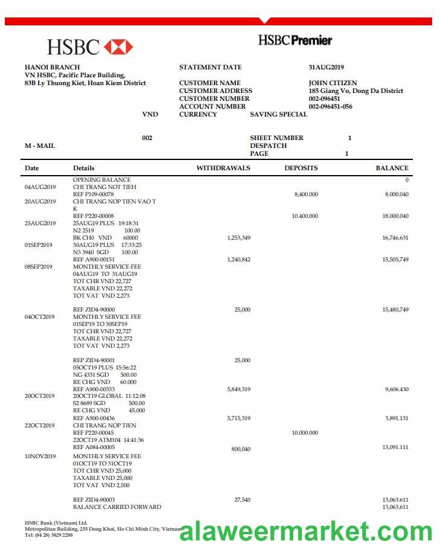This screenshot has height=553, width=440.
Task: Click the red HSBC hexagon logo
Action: pyautogui.click(x=118, y=46)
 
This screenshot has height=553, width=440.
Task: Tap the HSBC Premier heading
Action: pyautogui.click(x=295, y=40)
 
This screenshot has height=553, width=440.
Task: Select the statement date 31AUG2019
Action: pyautogui.click(x=326, y=68)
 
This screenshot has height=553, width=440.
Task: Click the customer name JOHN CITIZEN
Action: pyautogui.click(x=333, y=83)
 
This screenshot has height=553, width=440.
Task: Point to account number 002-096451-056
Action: pyautogui.click(x=330, y=107)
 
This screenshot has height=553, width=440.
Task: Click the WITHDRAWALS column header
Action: pyautogui.click(x=223, y=168)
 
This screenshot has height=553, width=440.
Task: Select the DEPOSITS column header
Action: pyautogui.click(x=301, y=168)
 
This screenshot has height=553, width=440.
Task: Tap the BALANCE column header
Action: pyautogui.click(x=392, y=168)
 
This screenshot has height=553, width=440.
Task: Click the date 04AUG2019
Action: pyautogui.click(x=40, y=187)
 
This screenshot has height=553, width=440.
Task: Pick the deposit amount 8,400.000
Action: pyautogui.click(x=306, y=194)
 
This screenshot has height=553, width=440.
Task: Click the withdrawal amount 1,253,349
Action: pyautogui.click(x=238, y=238)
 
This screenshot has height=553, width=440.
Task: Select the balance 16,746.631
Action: pyautogui.click(x=395, y=238)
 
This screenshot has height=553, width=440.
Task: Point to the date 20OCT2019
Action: pyautogui.click(x=40, y=396)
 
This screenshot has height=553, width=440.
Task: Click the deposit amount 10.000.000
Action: pyautogui.click(x=304, y=433)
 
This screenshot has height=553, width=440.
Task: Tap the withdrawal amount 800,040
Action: pyautogui.click(x=241, y=449)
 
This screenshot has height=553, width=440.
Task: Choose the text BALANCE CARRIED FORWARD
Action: pyautogui.click(x=117, y=507)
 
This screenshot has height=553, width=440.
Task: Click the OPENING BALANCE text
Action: pyautogui.click(x=101, y=180)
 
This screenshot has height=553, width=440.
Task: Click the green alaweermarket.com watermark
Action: pyautogui.click(x=306, y=531)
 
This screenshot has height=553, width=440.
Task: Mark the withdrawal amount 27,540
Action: pyautogui.click(x=241, y=500)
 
